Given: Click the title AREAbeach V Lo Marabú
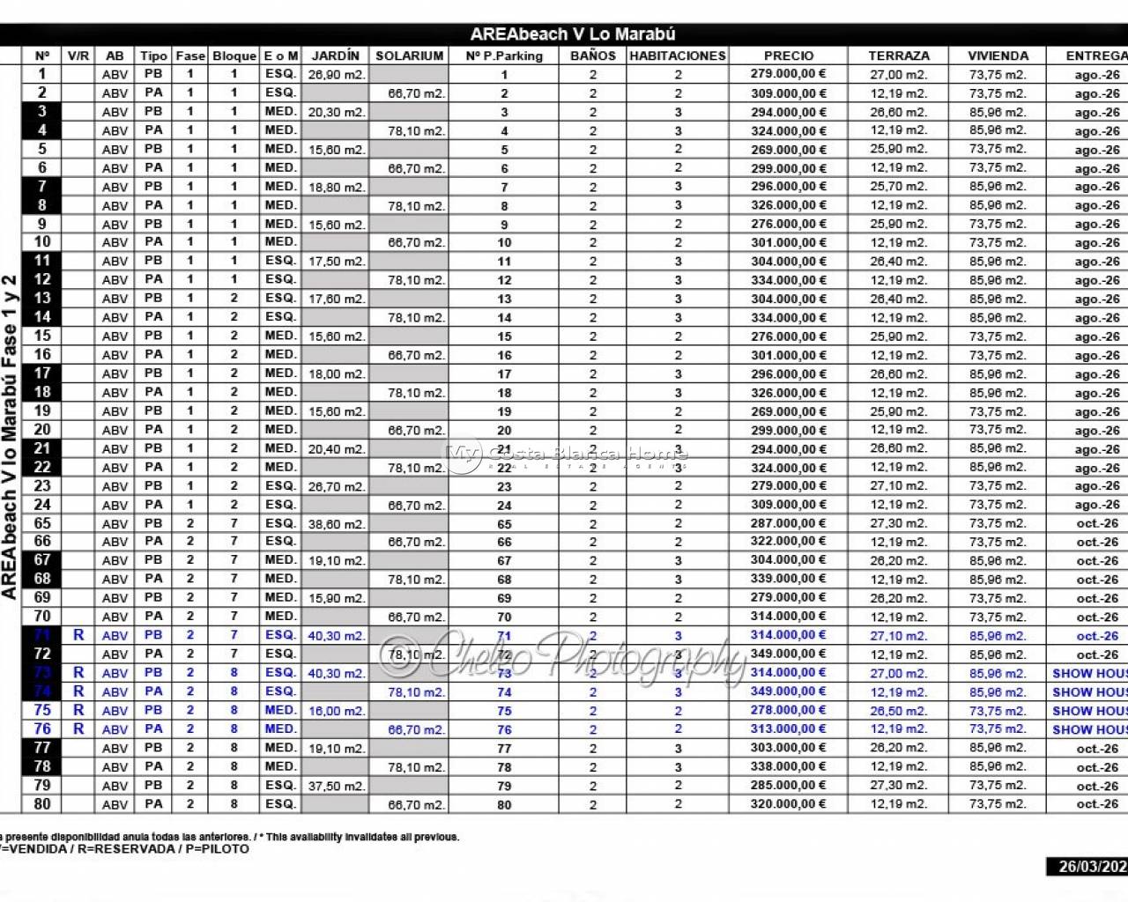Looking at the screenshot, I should tap(572, 34).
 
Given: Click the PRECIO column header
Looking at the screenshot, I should tap(789, 55).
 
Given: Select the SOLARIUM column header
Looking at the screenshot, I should tap(409, 55).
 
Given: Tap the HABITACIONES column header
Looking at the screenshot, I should tap(678, 55).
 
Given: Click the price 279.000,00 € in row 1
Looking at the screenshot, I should tap(789, 74).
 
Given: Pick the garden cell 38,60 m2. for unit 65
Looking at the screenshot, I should tap(336, 523).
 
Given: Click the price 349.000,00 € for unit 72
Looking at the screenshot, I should tap(789, 654).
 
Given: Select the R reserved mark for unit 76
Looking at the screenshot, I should tap(78, 728).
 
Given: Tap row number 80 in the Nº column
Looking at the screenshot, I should tap(42, 803).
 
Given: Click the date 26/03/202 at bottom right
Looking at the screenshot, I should tap(1092, 866).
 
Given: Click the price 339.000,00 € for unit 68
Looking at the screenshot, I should tap(789, 579).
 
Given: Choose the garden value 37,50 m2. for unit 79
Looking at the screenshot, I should tap(336, 785).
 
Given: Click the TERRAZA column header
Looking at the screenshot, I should tap(899, 55).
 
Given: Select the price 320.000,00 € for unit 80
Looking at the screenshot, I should tap(789, 803).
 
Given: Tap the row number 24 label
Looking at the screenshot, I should tap(42, 505).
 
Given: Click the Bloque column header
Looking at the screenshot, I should tap(234, 55).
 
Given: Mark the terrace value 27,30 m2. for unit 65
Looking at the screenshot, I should tap(899, 523).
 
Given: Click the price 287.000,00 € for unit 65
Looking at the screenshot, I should tap(789, 523).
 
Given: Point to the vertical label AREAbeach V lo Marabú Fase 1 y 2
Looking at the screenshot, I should tap(10, 437).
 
